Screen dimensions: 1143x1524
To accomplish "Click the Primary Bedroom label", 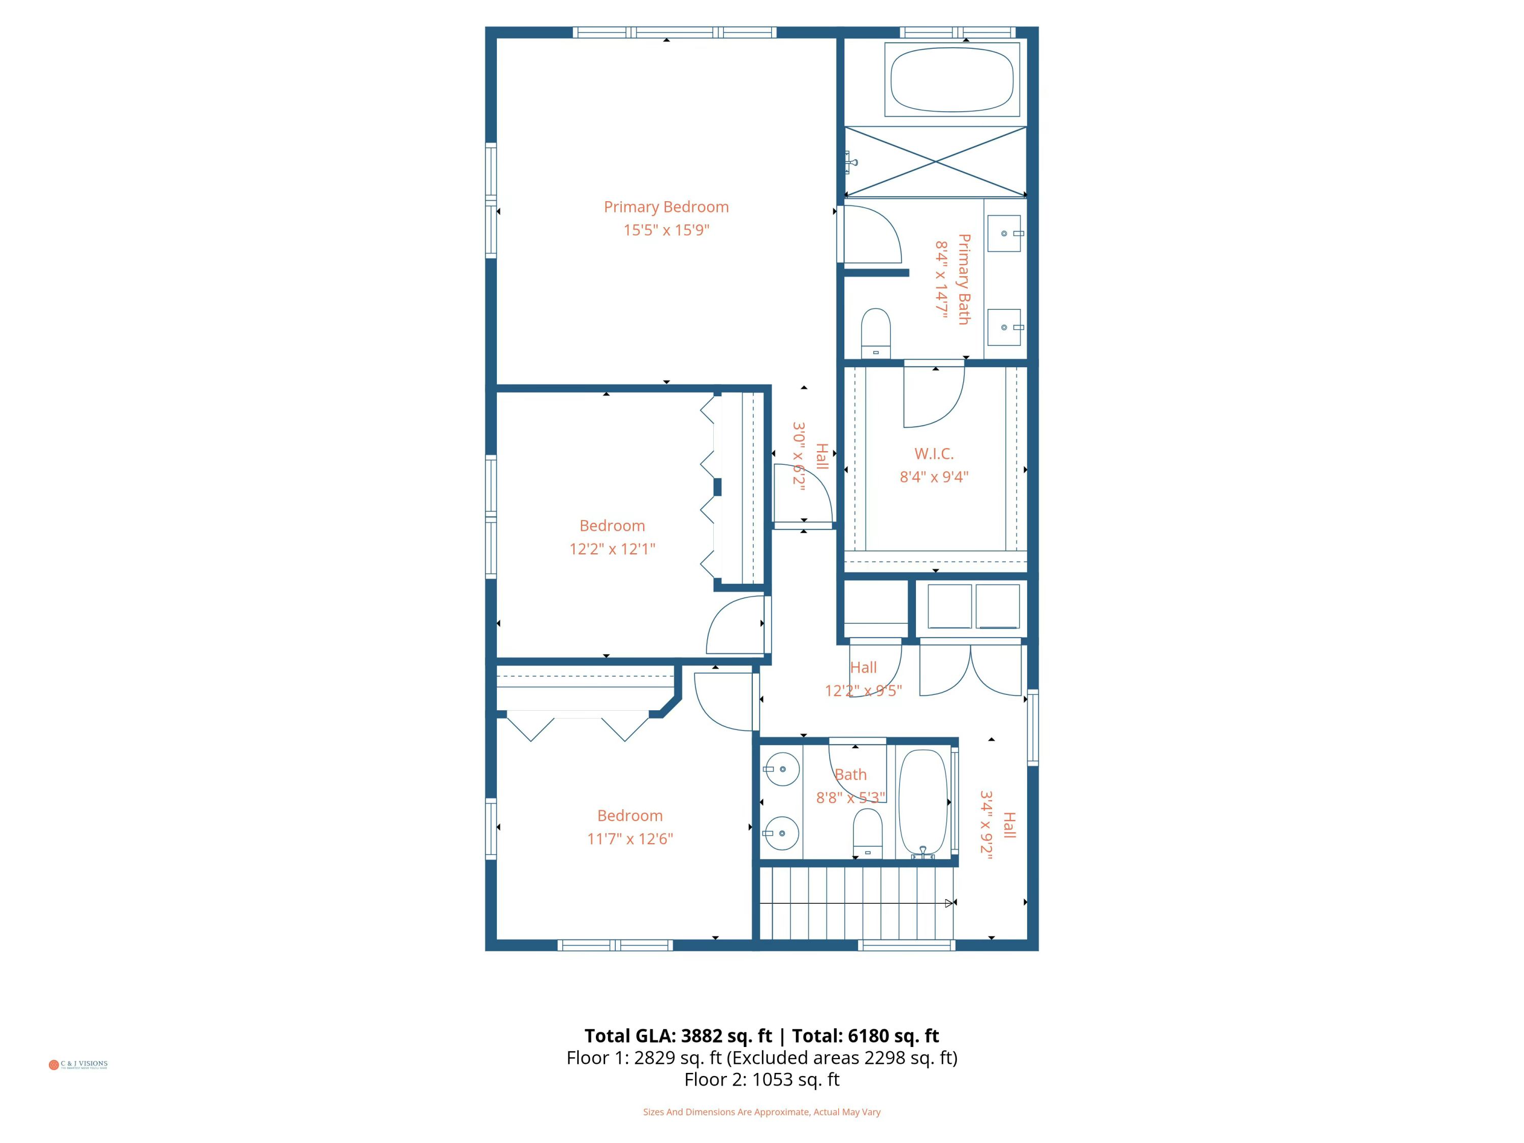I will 665,207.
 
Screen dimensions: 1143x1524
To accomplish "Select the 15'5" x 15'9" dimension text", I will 665,230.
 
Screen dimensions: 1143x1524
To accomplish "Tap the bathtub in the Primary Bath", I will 951,80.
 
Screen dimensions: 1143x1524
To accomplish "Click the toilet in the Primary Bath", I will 876,333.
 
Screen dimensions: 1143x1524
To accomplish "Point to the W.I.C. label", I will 934,453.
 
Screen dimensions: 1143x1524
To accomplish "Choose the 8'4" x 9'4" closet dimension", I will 934,477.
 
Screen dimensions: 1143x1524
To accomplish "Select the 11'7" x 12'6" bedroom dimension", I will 630,839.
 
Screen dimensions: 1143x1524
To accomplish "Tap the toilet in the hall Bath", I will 868,832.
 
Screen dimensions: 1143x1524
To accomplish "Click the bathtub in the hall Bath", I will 923,803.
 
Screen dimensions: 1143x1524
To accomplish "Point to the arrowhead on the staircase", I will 949,903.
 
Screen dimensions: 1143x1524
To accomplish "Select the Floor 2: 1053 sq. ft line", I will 761,1079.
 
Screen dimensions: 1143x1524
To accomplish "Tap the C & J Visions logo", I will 78,1064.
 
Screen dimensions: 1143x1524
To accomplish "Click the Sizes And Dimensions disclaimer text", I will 761,1112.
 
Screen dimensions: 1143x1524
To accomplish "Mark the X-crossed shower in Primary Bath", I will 935,161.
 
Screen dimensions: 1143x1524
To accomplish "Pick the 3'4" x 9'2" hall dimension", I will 986,824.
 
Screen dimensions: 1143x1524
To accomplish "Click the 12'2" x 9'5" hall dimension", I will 863,690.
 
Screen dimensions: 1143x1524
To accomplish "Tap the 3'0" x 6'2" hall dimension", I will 799,456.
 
